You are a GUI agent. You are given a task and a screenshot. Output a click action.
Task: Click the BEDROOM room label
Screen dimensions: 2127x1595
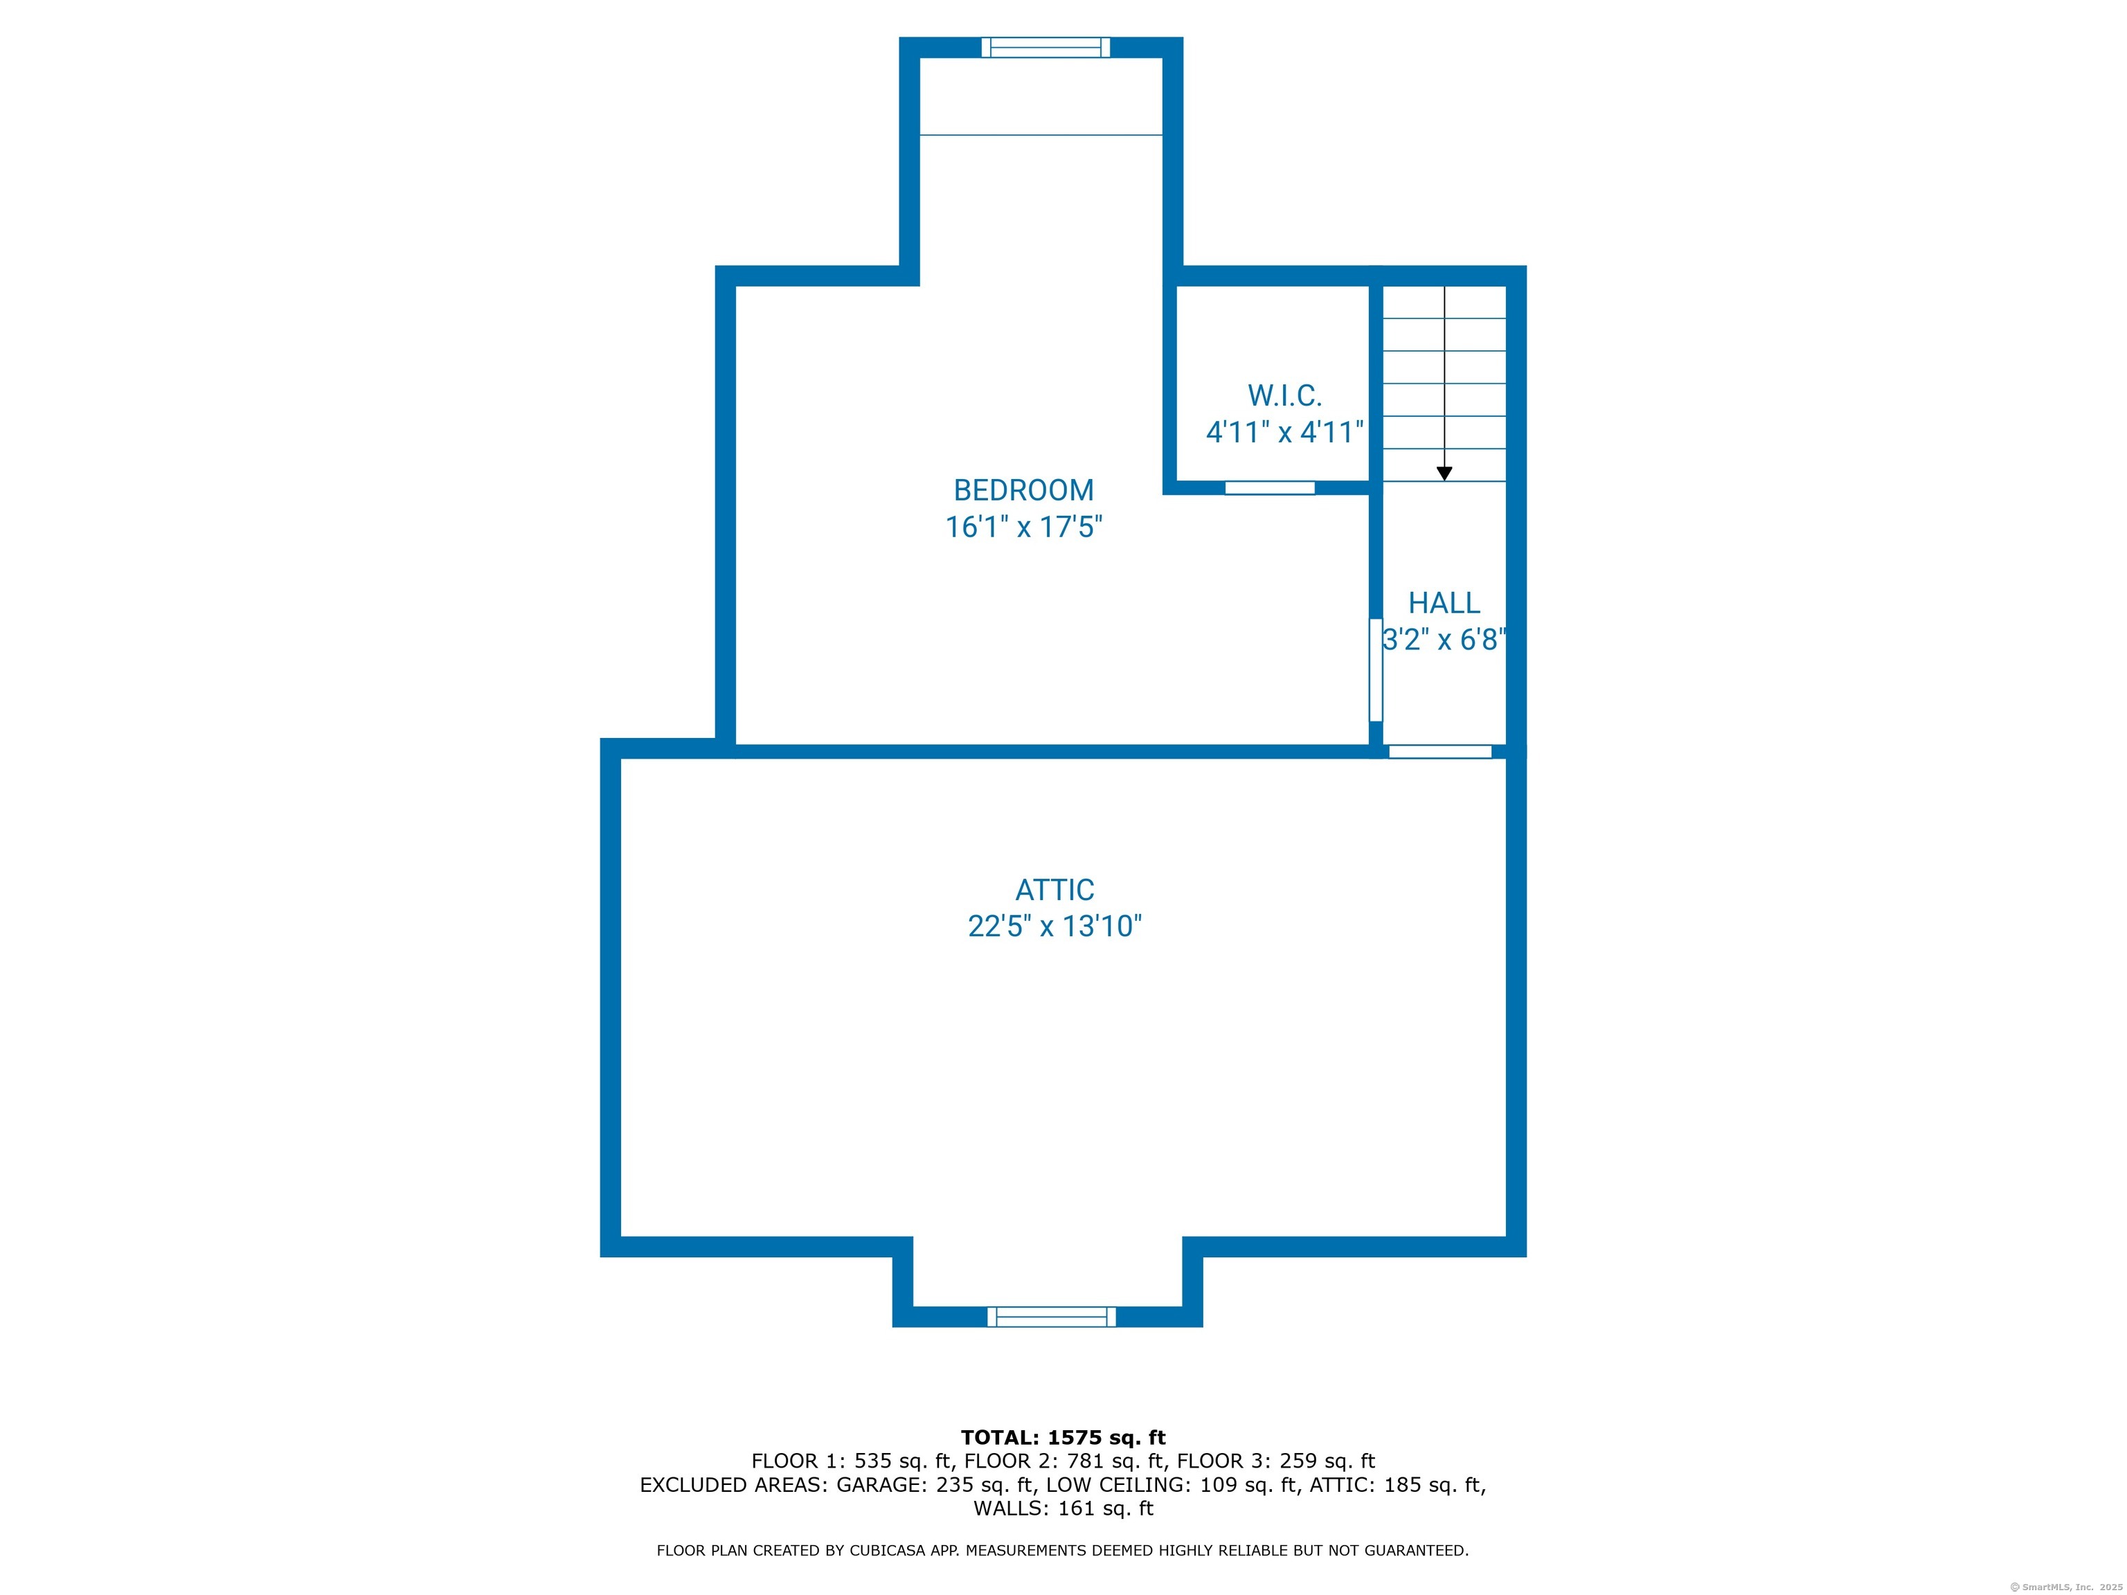(x=1023, y=490)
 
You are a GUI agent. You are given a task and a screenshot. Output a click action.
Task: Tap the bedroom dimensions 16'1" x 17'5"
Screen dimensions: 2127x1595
(x=1023, y=527)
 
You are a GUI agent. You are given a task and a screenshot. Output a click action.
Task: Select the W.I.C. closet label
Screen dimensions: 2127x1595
(x=1284, y=395)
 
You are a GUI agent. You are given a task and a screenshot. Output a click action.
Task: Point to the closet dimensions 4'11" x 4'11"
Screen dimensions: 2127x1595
(x=1284, y=432)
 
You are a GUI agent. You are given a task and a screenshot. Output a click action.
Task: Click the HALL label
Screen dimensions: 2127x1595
(x=1444, y=603)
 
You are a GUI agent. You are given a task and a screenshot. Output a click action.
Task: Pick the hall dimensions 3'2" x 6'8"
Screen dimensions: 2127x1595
(x=1444, y=640)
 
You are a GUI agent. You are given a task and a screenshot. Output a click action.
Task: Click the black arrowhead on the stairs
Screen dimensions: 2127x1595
(x=1444, y=474)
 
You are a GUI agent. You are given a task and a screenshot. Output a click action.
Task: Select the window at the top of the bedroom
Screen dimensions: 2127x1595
(x=1045, y=47)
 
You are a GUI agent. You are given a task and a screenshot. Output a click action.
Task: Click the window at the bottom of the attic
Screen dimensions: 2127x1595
(x=1051, y=1317)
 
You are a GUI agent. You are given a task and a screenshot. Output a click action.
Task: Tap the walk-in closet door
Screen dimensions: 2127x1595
(x=1269, y=487)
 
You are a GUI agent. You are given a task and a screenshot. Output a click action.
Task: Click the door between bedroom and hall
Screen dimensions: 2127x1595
(x=1375, y=669)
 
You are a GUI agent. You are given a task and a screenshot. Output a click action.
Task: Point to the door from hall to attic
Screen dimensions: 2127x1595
(x=1440, y=752)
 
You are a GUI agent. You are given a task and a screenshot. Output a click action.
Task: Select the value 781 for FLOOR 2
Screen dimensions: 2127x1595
(x=1085, y=1461)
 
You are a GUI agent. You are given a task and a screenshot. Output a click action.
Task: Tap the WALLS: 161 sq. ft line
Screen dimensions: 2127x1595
(x=1063, y=1508)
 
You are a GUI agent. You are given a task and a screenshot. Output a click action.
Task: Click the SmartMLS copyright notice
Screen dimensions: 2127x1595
(x=2065, y=1587)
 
